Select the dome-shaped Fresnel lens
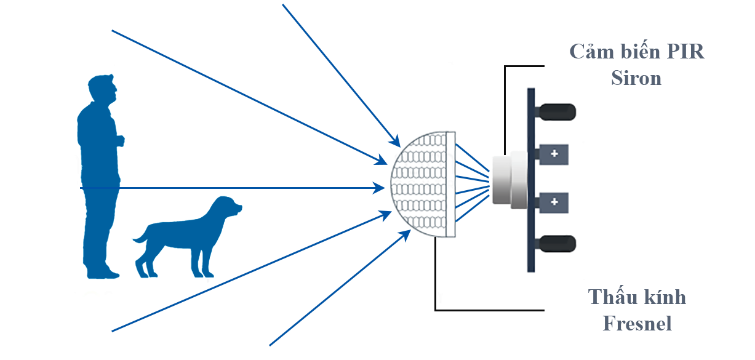tap(425, 185)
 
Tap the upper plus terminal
tap(553, 153)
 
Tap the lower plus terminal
tap(553, 201)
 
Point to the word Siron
tap(636, 78)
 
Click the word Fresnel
tap(636, 322)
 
